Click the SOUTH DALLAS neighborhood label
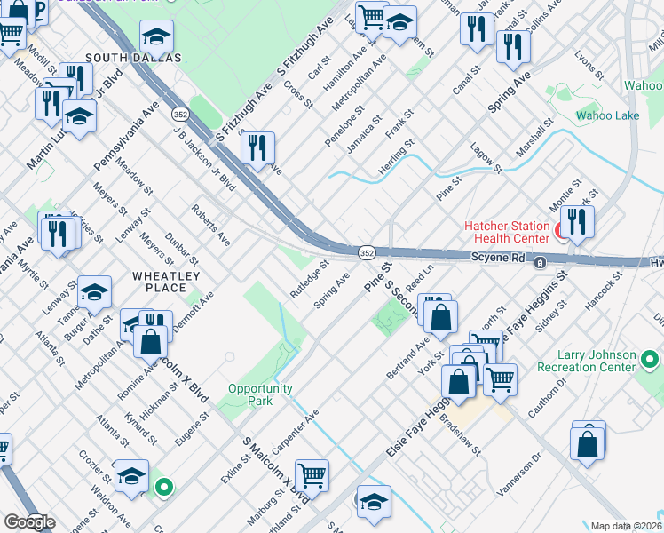click(133, 58)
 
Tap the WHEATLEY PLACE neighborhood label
click(160, 282)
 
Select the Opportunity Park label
click(260, 394)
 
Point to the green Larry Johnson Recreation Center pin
click(650, 360)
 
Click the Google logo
click(28, 522)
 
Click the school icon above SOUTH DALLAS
click(157, 36)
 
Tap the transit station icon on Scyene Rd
click(539, 263)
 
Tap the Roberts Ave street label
click(210, 227)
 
